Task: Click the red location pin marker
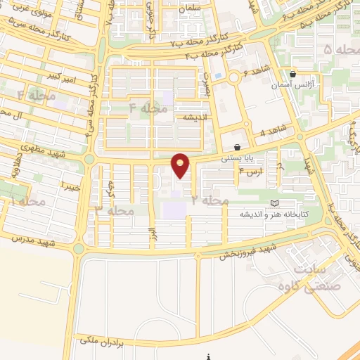(181, 165)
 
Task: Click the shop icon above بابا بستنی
(237, 148)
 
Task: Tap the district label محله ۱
(28, 202)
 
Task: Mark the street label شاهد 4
(274, 130)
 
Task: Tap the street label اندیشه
(195, 117)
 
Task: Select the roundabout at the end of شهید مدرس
(78, 248)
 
